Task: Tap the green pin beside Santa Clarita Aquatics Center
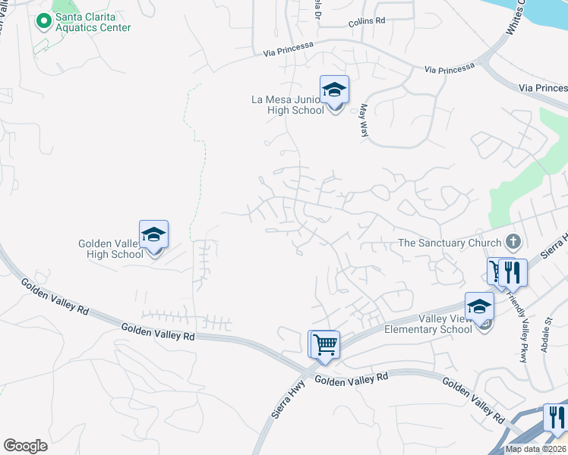tap(43, 19)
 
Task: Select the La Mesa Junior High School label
tap(288, 105)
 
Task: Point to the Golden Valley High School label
tap(111, 249)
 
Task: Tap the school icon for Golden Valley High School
tap(153, 235)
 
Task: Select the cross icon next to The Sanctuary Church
tap(513, 243)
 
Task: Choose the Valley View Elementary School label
tap(428, 325)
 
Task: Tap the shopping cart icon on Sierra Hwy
tap(324, 345)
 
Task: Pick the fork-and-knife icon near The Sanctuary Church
tap(513, 273)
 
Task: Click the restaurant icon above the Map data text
tap(556, 418)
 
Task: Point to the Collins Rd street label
tap(368, 22)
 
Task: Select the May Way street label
tap(363, 121)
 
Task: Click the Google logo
tap(25, 446)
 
